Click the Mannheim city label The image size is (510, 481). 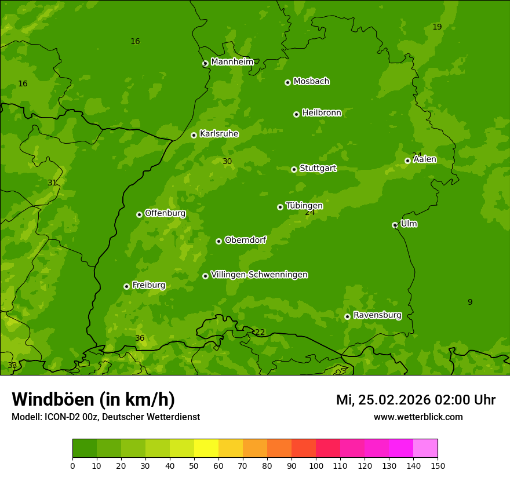pos(232,62)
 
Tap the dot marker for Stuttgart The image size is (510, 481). pos(294,169)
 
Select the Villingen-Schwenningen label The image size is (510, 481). pos(259,275)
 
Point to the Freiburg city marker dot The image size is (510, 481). pos(126,286)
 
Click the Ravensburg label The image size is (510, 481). pos(377,315)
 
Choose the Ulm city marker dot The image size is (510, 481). pos(395,225)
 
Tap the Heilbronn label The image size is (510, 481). pos(322,113)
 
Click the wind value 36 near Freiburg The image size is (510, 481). pos(140,338)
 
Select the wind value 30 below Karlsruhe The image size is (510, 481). pos(227,162)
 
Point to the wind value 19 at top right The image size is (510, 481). pos(437,27)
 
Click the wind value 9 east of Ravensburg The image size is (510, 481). pos(470,302)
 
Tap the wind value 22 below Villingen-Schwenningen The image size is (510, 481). pos(260,333)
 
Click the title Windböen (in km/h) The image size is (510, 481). pos(93,399)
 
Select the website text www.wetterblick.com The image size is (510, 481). pos(418,417)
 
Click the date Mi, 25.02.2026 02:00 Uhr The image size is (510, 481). pos(416,400)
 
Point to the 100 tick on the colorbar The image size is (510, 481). pos(316,466)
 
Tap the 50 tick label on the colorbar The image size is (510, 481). pos(194,466)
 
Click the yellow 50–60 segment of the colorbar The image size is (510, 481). pos(206,449)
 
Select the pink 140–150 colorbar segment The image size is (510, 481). pos(425,449)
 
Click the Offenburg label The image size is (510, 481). pos(165,213)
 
